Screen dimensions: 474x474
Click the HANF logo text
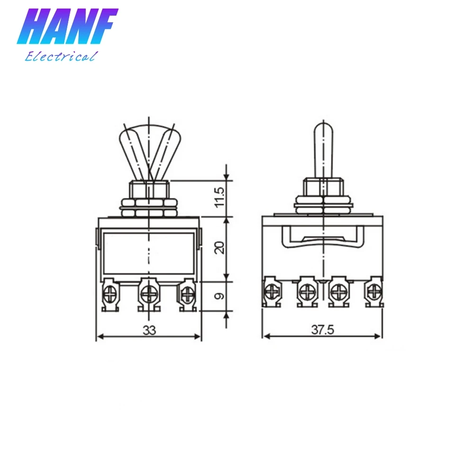[67, 27]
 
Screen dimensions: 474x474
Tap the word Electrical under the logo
[61, 56]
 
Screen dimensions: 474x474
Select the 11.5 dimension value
[220, 197]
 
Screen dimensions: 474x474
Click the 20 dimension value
[220, 247]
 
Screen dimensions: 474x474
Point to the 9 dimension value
[220, 296]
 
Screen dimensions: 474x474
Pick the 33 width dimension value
[149, 330]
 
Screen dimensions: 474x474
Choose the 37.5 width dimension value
[322, 329]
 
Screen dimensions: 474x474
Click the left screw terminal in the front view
[110, 294]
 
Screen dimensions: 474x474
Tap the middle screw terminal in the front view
[149, 294]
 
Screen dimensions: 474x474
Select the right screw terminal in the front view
[187, 294]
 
